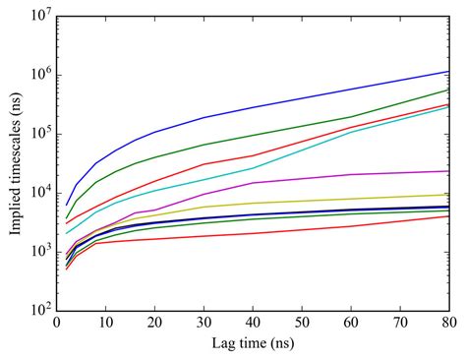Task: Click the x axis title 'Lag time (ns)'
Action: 254,344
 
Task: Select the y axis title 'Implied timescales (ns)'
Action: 13,162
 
